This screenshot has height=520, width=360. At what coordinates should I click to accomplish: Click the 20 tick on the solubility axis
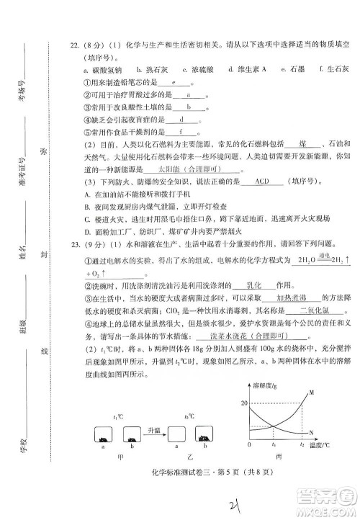244,401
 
